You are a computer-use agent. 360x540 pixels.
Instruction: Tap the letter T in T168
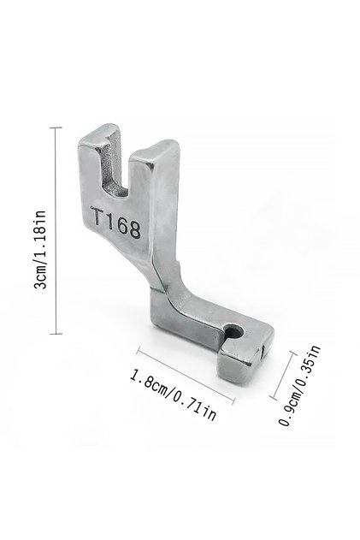97,216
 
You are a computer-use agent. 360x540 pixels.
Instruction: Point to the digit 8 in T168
134,229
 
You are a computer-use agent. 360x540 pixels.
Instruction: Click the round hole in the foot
235,332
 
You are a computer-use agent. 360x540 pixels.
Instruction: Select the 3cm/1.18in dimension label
39,249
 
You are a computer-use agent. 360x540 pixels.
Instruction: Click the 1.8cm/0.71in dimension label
173,395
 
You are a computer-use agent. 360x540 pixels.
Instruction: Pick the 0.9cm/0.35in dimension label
299,386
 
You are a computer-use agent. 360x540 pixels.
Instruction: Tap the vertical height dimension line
56,230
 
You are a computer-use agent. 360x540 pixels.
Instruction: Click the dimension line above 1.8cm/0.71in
186,376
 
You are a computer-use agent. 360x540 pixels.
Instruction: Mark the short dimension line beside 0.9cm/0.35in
283,376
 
